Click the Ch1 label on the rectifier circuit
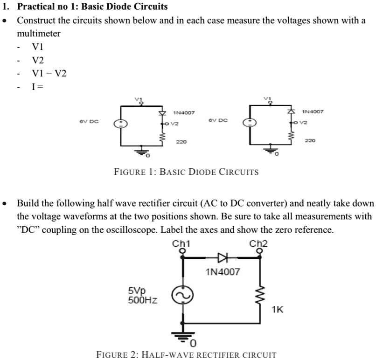[x=181, y=243]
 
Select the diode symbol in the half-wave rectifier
[x=221, y=257]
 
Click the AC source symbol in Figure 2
[x=182, y=296]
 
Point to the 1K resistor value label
[x=277, y=309]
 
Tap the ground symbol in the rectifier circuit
[x=182, y=334]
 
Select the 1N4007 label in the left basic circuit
[x=183, y=113]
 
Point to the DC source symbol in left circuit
[x=122, y=123]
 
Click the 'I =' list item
[x=37, y=86]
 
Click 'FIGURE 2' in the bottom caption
[x=115, y=354]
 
